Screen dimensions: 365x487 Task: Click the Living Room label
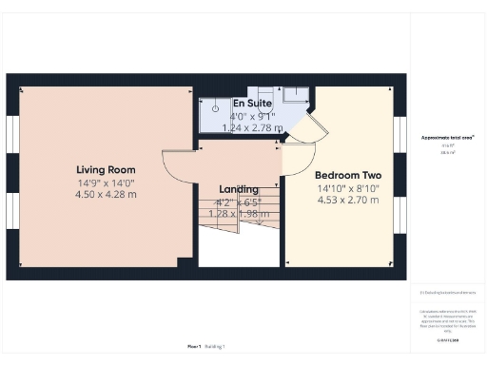click(x=107, y=172)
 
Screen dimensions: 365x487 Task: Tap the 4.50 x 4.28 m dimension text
click(x=107, y=194)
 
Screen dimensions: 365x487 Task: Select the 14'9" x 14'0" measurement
click(x=107, y=183)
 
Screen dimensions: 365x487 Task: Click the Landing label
click(x=238, y=189)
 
